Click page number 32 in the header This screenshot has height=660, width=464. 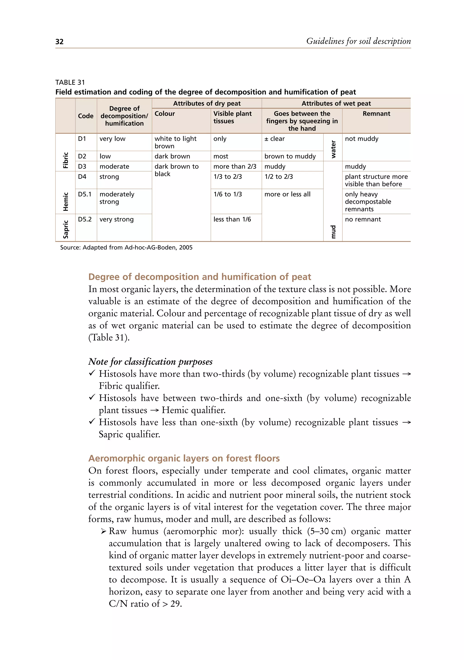click(59, 42)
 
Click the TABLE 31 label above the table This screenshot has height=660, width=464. click(70, 83)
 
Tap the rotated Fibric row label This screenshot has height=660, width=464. click(66, 160)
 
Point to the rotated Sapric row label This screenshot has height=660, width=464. click(66, 229)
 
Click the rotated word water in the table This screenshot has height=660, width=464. click(333, 149)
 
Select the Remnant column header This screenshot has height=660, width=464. click(376, 114)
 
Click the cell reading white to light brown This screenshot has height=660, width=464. click(175, 142)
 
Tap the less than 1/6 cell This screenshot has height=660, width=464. click(232, 219)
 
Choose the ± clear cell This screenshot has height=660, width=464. click(275, 139)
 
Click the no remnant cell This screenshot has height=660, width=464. click(363, 219)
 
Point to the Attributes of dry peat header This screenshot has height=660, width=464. click(207, 103)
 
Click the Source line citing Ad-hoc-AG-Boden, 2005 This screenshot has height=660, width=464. click(126, 247)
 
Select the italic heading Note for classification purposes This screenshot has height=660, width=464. click(150, 362)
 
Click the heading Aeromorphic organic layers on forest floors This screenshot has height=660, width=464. click(184, 458)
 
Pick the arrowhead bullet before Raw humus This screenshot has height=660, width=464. click(104, 531)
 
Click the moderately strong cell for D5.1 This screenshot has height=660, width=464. click(117, 198)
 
